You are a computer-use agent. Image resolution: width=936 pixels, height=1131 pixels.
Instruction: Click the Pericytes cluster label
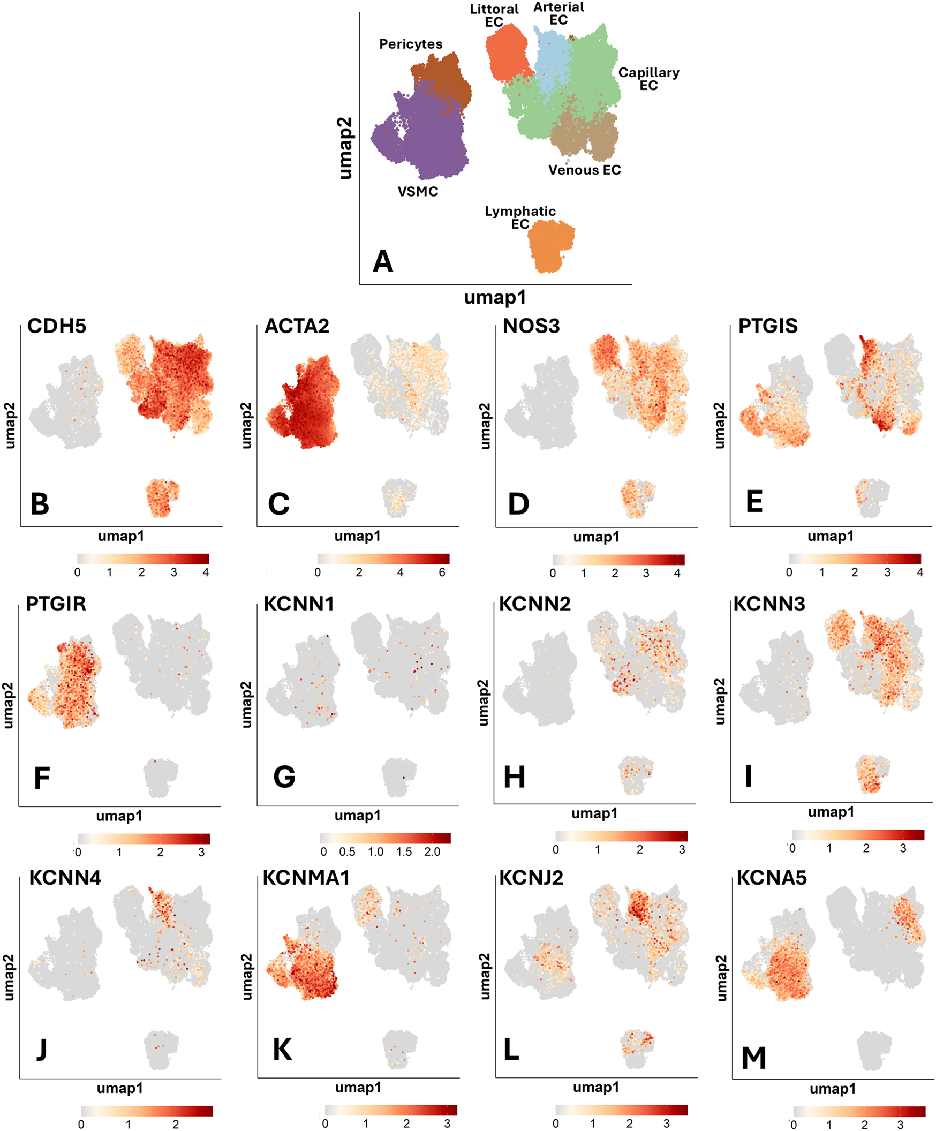coord(410,44)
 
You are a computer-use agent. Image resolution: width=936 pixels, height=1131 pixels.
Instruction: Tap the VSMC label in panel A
coord(417,192)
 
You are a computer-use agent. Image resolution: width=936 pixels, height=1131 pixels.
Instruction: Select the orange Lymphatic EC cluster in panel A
coord(550,246)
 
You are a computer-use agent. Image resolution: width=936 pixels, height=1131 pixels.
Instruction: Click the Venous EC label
coord(584,170)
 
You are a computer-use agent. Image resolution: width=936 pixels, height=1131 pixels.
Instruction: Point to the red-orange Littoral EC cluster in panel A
coord(505,52)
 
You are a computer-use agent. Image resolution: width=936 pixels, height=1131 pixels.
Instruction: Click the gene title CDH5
coord(57,326)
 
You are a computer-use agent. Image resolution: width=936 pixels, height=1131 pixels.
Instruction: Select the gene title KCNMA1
coord(306,878)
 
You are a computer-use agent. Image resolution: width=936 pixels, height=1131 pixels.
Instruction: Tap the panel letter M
coord(753,1058)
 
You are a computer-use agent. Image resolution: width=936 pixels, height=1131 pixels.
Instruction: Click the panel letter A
coord(383,261)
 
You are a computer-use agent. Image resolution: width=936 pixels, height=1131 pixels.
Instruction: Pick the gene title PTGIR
coord(56,604)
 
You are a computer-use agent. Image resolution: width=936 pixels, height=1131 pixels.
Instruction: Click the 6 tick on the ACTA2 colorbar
coord(442,572)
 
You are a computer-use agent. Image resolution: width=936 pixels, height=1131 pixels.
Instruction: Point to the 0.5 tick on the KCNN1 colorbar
coord(347,852)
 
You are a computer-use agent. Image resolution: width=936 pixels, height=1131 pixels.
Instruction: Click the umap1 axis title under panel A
coord(495,297)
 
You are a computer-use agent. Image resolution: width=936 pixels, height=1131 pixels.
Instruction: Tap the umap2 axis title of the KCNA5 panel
coord(721,978)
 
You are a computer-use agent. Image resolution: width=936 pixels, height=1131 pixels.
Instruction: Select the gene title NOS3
coord(531,326)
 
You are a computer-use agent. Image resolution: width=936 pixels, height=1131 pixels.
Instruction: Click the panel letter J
coord(41,1049)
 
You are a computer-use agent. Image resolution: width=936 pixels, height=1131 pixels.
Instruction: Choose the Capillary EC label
coord(648,79)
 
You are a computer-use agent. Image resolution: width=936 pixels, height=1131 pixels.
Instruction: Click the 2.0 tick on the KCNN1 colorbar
coord(432,852)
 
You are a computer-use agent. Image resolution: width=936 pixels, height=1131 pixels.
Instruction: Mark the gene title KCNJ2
coord(531,878)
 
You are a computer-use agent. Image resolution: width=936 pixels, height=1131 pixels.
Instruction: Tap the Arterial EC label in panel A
coord(558,13)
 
